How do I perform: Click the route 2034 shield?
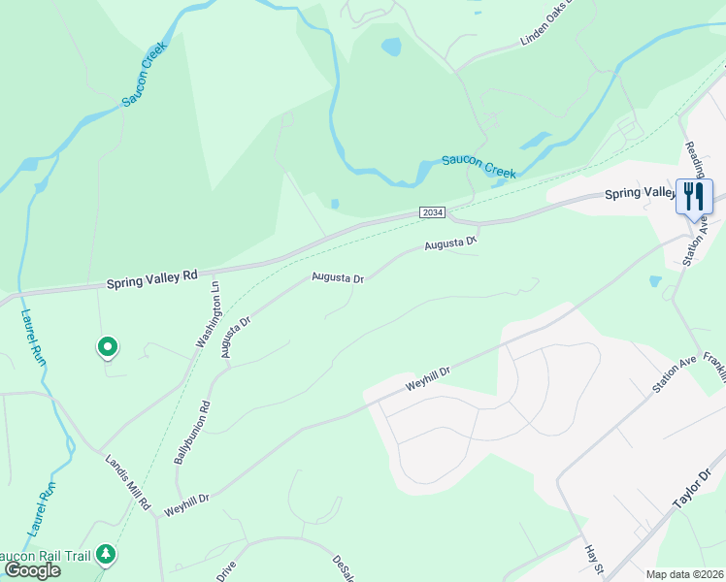click(432, 211)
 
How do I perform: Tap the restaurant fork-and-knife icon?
click(694, 196)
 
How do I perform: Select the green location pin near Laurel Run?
click(107, 346)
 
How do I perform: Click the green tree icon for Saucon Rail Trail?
click(105, 555)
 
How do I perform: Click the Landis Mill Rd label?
click(129, 482)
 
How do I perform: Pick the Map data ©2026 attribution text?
click(684, 574)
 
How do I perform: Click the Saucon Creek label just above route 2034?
click(478, 166)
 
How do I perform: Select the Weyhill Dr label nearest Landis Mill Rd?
click(186, 502)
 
